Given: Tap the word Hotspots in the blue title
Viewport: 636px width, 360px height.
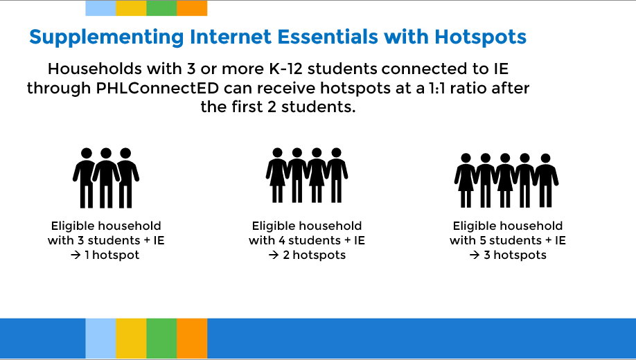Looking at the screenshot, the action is (x=481, y=37).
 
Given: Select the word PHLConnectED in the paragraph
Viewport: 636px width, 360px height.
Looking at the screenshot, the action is (x=157, y=88).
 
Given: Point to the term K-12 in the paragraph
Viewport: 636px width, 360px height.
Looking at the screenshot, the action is (x=286, y=69).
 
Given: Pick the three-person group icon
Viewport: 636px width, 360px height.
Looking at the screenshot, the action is (x=106, y=178).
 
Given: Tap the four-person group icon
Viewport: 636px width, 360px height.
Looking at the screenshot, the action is (x=307, y=175).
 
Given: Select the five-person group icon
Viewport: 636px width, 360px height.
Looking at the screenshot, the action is (x=506, y=181).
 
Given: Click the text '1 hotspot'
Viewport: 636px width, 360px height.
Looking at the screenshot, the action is (x=112, y=255).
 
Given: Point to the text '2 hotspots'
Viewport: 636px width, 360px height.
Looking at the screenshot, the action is (x=315, y=255).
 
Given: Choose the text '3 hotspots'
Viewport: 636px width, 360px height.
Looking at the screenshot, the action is (x=515, y=255).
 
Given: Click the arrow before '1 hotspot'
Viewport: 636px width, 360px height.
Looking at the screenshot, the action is (x=76, y=255).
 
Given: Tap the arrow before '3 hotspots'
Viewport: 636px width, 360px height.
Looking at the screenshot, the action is (x=475, y=255).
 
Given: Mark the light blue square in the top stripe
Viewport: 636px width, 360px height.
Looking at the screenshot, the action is (x=100, y=8).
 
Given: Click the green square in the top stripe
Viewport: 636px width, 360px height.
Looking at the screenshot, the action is (x=161, y=8).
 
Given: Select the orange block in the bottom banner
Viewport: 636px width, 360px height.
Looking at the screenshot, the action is (x=192, y=339).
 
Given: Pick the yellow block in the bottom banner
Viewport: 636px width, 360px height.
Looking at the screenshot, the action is (x=131, y=339).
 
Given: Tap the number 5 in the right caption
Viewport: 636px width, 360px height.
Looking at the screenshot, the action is (x=483, y=240).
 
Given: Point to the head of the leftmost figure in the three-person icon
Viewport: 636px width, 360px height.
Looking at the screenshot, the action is (x=87, y=153).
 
